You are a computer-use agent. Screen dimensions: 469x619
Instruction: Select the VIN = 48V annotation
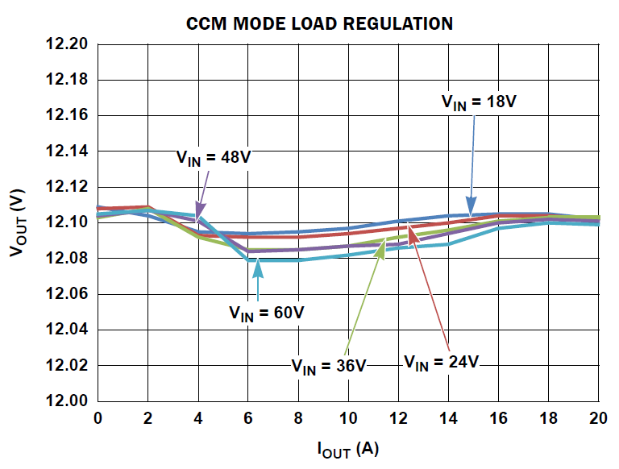tap(214, 157)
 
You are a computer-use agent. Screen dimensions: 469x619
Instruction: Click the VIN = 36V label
tap(329, 366)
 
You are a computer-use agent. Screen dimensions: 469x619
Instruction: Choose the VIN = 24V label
tap(441, 361)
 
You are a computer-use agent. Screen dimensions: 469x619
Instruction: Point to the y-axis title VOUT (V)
tap(18, 223)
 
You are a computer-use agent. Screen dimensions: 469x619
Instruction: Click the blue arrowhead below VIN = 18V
tap(471, 211)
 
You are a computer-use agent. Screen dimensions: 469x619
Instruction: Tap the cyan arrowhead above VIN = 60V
tap(258, 264)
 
